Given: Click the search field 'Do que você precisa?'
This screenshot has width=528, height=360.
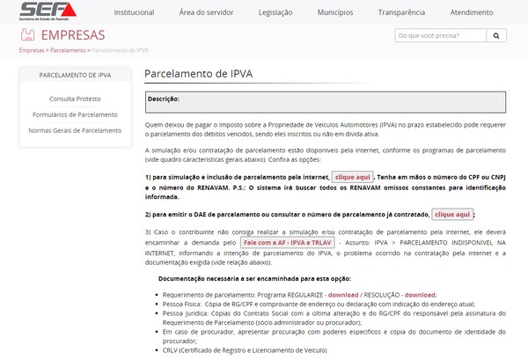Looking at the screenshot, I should [440, 36].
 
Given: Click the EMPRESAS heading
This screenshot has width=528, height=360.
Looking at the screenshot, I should [73, 36].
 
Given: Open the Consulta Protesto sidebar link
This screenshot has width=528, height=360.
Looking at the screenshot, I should [74, 99].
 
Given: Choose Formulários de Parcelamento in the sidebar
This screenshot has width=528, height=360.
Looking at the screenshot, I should [74, 114].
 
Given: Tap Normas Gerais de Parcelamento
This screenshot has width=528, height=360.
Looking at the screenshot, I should [74, 129].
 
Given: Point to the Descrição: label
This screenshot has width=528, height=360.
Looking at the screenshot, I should [164, 99].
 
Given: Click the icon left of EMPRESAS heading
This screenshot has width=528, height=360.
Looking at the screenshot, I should [27, 36].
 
